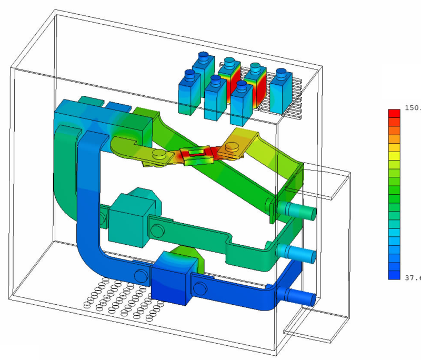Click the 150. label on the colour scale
412,107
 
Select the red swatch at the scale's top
394,113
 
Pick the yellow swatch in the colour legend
394,156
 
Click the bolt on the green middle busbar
157,231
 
